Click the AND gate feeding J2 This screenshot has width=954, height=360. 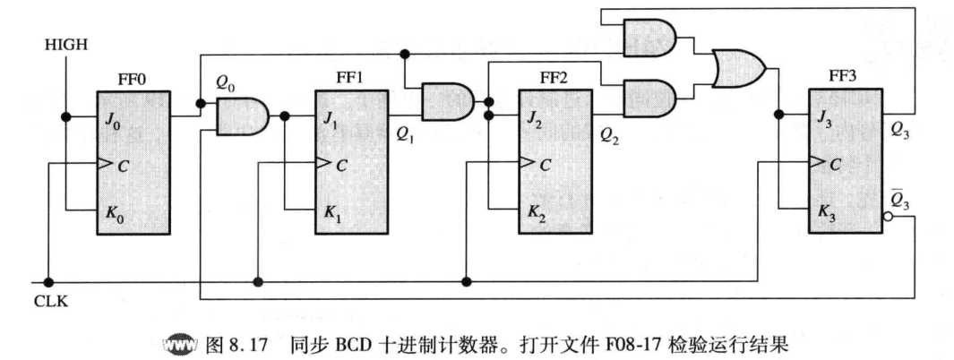click(448, 102)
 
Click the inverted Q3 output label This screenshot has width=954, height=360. click(899, 199)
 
